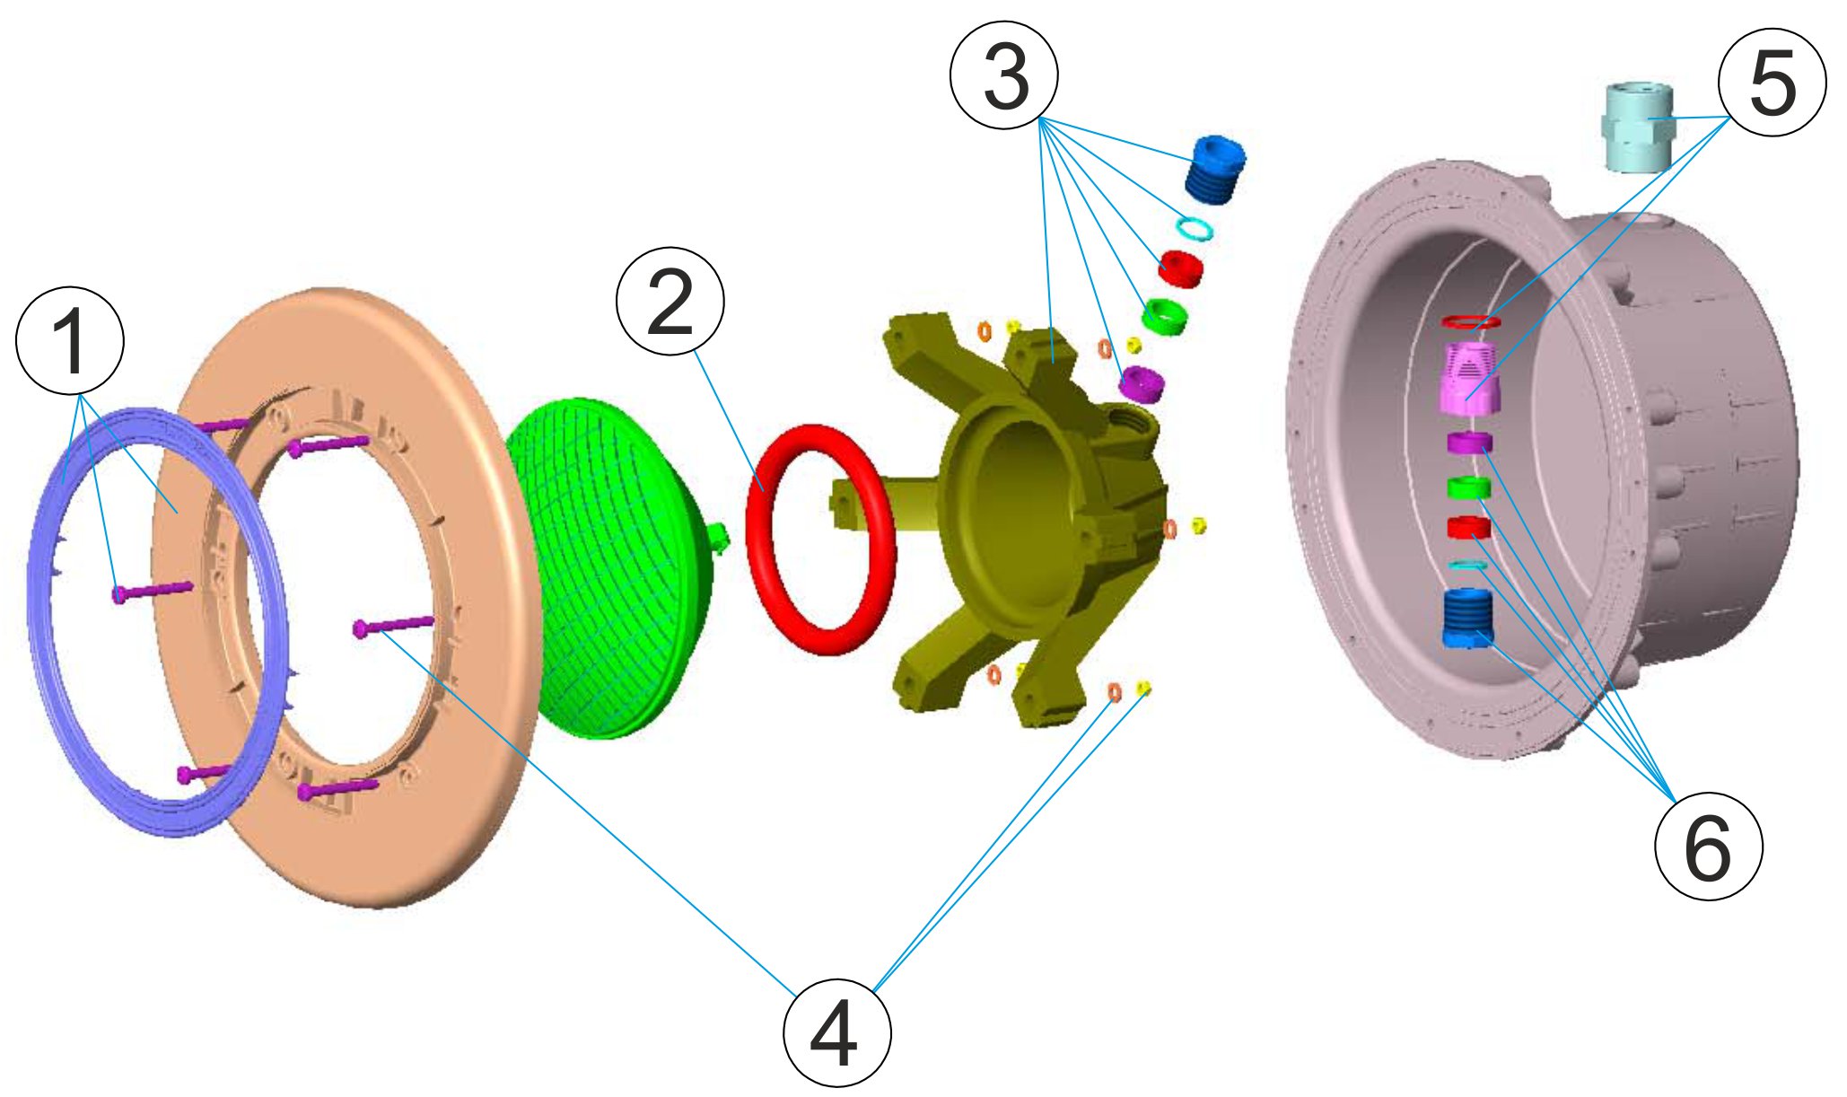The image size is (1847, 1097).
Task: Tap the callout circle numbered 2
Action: tap(670, 302)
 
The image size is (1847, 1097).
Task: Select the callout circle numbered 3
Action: tap(1003, 75)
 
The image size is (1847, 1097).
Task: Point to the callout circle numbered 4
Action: tap(836, 1032)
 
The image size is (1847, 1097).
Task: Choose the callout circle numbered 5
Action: tap(1772, 83)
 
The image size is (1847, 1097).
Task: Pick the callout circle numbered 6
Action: tap(1707, 846)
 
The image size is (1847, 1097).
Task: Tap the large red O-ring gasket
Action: tap(820, 539)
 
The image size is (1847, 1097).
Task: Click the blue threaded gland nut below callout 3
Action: tap(1214, 168)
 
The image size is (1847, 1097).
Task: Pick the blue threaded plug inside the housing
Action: tap(1466, 618)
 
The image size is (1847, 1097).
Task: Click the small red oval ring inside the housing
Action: tap(1470, 320)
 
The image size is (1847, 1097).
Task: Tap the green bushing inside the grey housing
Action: tap(1468, 487)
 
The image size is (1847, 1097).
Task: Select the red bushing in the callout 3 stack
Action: tap(1179, 268)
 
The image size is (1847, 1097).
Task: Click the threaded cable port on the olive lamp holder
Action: tap(1125, 417)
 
